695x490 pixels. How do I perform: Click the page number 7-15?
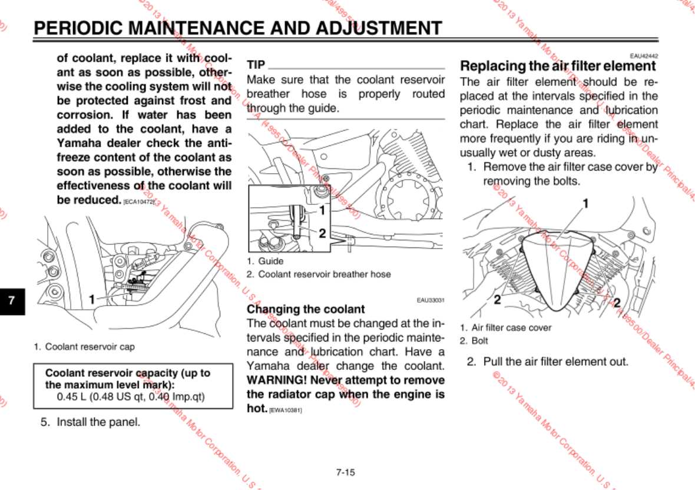[345, 472]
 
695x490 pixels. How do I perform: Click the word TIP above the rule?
[256, 64]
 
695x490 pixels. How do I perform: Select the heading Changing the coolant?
[306, 309]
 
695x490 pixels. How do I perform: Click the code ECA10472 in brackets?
[139, 201]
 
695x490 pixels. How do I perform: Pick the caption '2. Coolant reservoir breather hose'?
[319, 274]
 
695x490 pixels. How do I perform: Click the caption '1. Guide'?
[265, 261]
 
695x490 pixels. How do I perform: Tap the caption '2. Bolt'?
[474, 340]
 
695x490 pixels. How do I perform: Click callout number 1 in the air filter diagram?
[585, 204]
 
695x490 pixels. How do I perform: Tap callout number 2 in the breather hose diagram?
[322, 233]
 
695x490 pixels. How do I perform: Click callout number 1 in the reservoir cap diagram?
[92, 299]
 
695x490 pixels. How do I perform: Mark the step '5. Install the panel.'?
[90, 422]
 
